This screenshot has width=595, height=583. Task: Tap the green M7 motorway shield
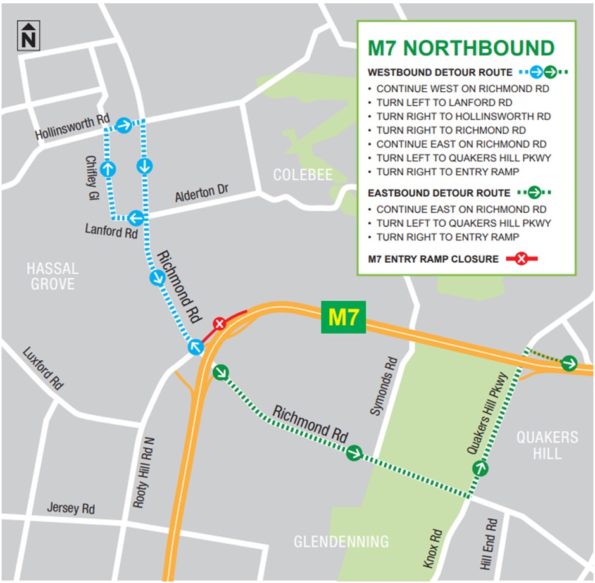point(344,318)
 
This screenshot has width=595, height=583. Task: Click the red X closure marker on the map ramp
point(219,324)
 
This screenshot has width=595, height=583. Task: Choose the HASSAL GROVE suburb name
point(53,277)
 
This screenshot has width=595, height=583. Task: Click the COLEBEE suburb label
point(303,175)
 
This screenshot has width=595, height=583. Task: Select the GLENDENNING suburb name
point(341,541)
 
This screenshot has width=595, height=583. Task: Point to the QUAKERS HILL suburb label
point(547,445)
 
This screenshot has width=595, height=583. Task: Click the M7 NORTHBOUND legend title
point(461,48)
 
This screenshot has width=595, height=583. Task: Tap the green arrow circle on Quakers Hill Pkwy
point(480,468)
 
